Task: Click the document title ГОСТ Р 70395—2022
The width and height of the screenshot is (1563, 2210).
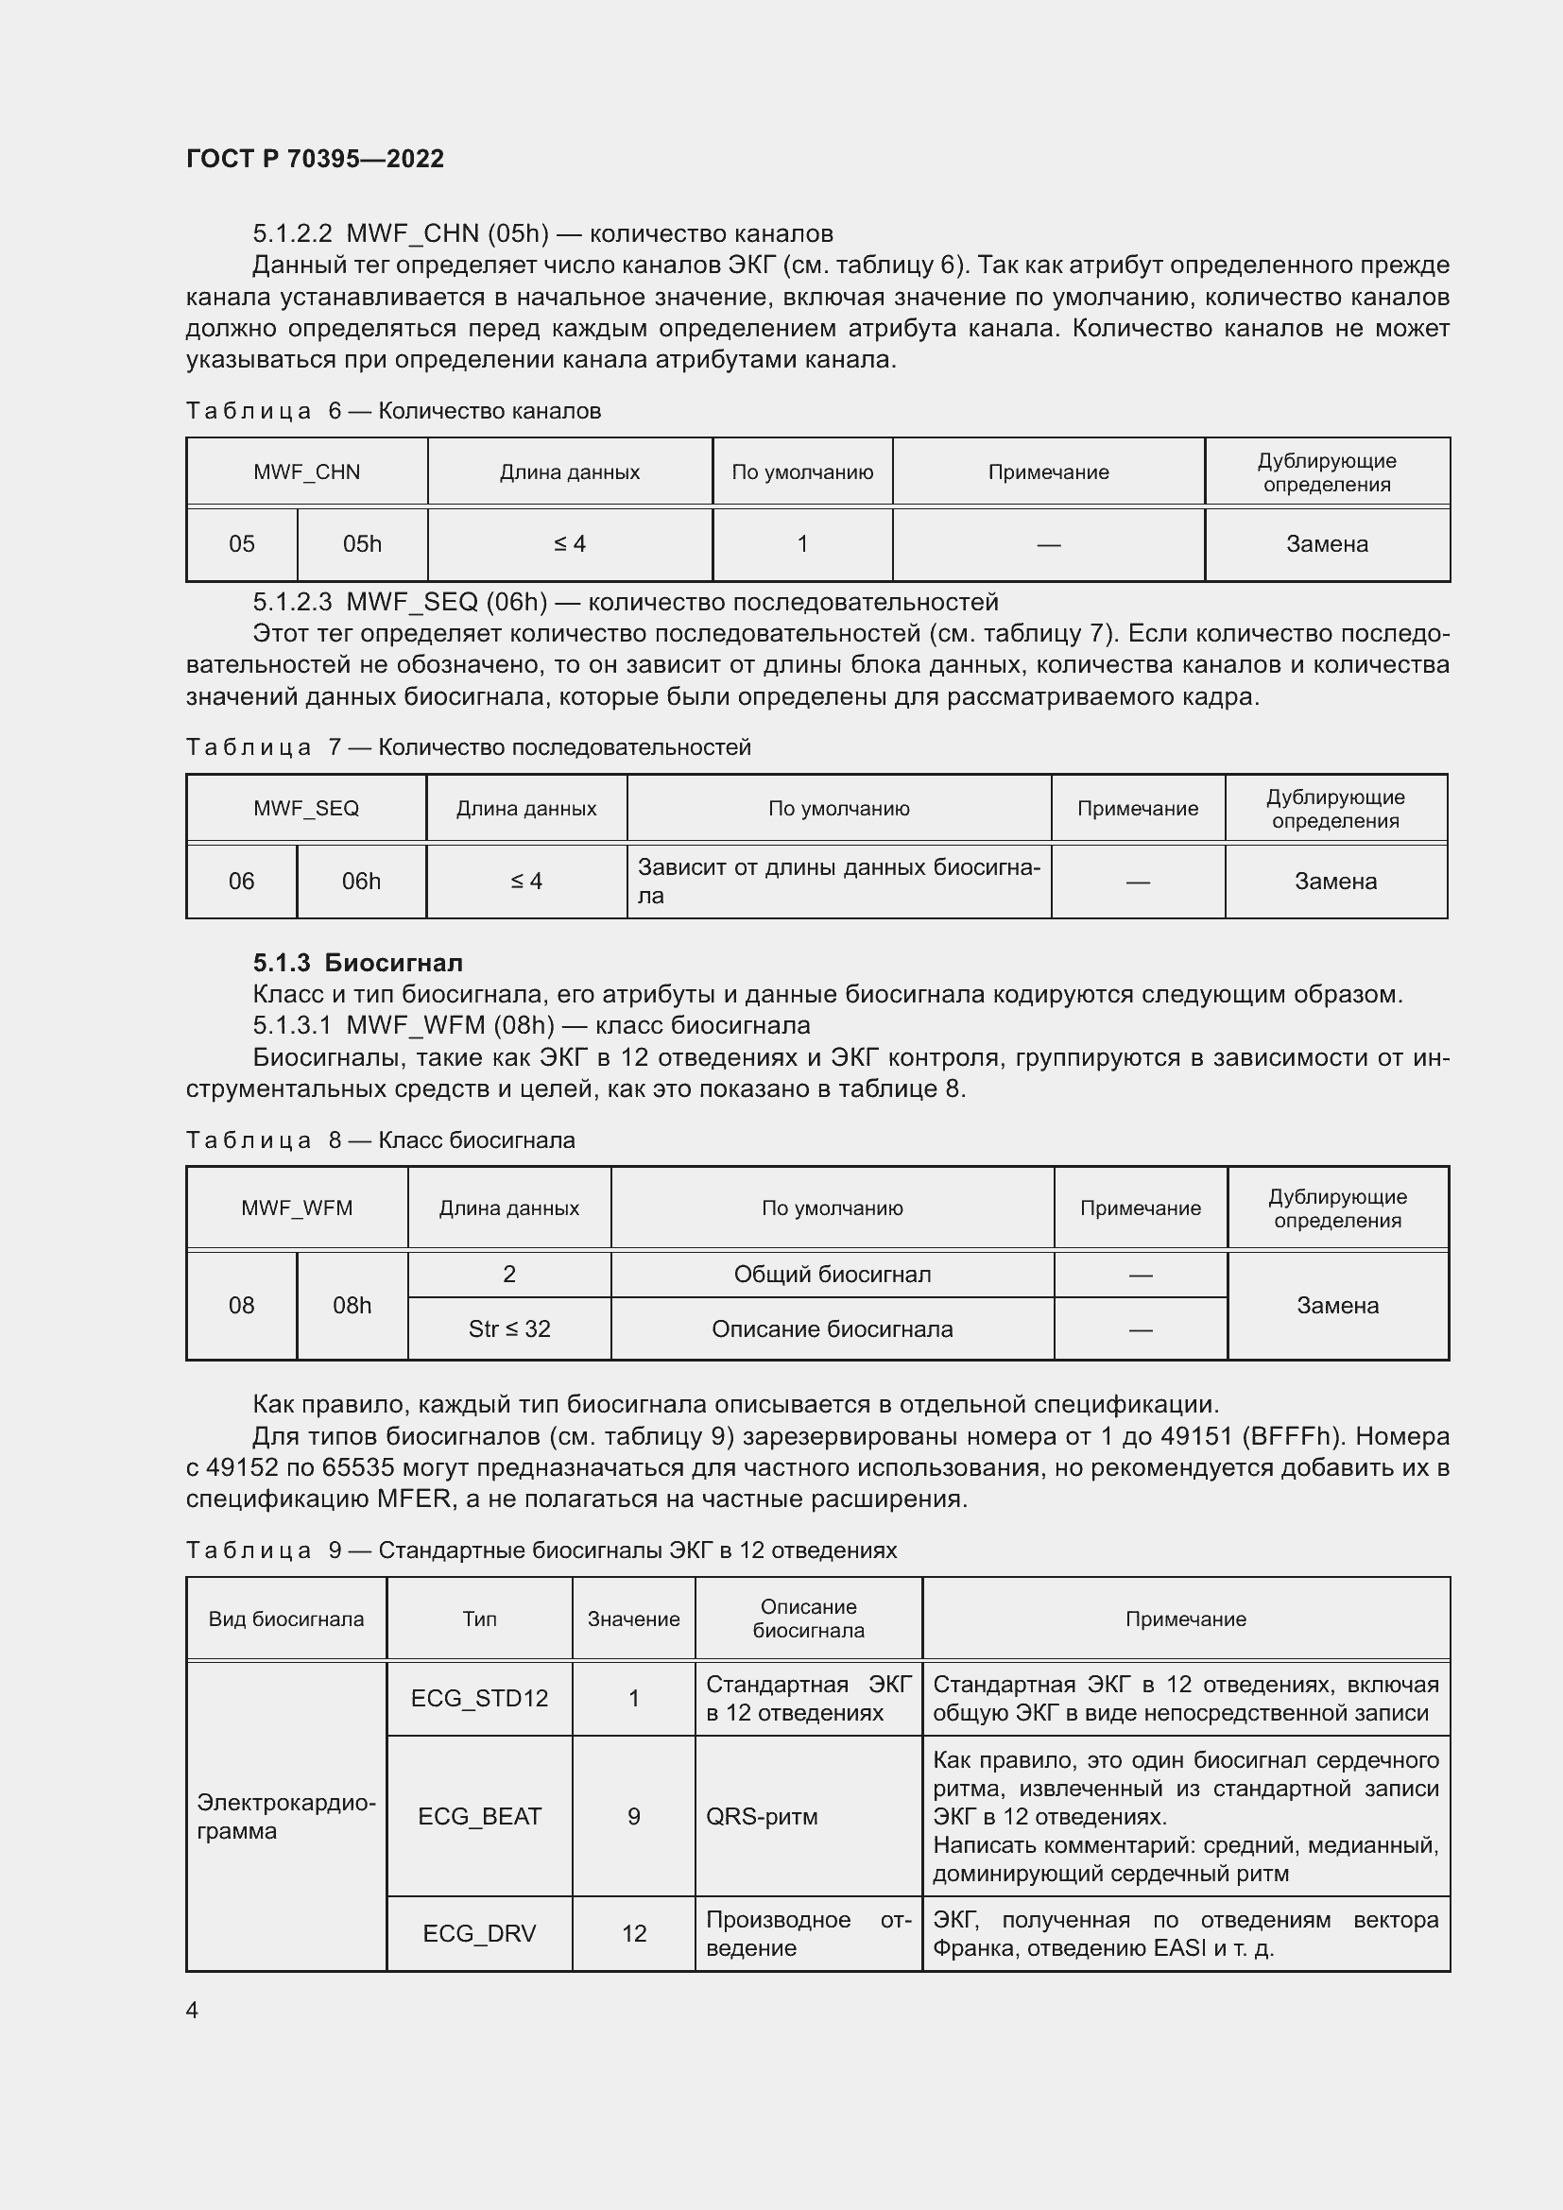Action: tap(315, 159)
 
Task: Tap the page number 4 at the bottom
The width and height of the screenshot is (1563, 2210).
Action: tap(192, 2010)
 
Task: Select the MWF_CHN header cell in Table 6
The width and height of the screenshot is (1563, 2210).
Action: tap(306, 471)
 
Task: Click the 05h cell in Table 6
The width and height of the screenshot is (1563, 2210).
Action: tap(362, 544)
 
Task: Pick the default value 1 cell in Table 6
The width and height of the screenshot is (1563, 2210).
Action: tap(801, 544)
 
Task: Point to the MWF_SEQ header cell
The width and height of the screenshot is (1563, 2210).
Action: tap(306, 809)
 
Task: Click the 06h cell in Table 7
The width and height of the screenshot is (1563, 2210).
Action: tap(361, 881)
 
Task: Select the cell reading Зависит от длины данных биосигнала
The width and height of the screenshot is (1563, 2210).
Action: tap(838, 881)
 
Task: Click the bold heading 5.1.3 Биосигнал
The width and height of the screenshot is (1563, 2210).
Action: tap(357, 963)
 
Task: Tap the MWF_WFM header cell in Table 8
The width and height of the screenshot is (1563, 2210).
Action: tap(297, 1208)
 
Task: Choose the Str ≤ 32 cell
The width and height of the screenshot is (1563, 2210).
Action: tap(509, 1328)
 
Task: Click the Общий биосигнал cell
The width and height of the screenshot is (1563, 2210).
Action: tap(832, 1275)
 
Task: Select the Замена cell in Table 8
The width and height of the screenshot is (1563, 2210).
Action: tap(1337, 1305)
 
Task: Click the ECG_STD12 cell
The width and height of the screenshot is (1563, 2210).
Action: tap(479, 1698)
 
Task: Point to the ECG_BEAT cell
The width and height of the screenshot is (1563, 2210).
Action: tap(479, 1815)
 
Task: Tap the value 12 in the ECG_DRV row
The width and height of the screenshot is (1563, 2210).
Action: tap(633, 1933)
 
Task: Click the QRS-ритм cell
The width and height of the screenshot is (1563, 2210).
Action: tap(762, 1816)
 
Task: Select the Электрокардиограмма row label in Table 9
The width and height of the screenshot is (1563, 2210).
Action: tap(285, 1816)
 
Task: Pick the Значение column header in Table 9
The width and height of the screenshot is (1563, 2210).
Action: tap(633, 1619)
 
